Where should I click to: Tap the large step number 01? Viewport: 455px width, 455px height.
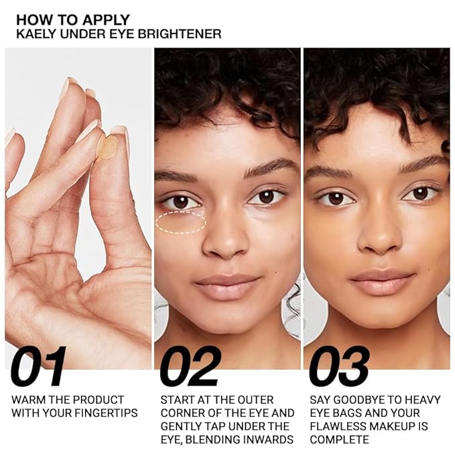point(38,367)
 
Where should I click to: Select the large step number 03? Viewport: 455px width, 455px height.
point(339,367)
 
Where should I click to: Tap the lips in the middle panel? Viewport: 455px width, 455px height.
point(226,285)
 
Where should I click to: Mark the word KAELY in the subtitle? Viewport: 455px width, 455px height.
point(33,33)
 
